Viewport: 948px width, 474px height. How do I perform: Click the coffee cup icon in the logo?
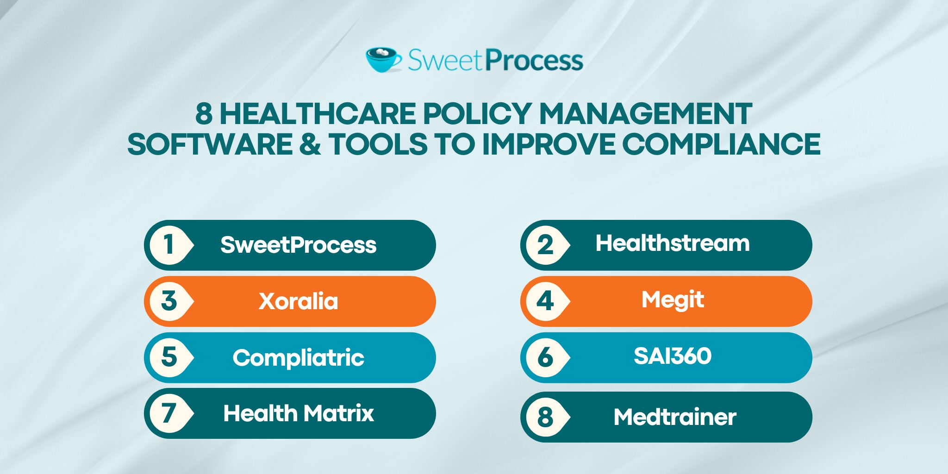coord(383,60)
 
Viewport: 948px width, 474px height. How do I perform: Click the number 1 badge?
coord(169,245)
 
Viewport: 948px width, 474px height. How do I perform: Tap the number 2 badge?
coord(545,245)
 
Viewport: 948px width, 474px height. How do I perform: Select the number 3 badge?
coord(169,301)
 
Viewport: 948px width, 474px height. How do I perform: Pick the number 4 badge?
coord(545,301)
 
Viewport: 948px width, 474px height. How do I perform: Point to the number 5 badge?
coord(169,357)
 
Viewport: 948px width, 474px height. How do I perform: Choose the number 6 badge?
coord(545,357)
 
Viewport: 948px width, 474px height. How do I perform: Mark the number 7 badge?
coord(169,413)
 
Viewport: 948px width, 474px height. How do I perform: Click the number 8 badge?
coord(545,417)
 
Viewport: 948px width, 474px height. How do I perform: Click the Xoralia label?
coord(299,301)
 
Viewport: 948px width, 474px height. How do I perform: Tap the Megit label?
coord(673,300)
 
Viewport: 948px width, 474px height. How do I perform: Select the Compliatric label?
coord(299,358)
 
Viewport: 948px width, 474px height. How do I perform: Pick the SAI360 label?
coord(673,356)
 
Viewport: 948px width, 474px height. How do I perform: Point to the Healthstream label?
coord(673,243)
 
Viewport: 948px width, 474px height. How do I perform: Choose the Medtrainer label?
coord(675,417)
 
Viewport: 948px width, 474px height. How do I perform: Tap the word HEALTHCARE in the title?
coord(318,114)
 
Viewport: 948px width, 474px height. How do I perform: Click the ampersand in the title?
coord(310,144)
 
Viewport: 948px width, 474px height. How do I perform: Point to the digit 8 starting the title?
coord(204,114)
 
